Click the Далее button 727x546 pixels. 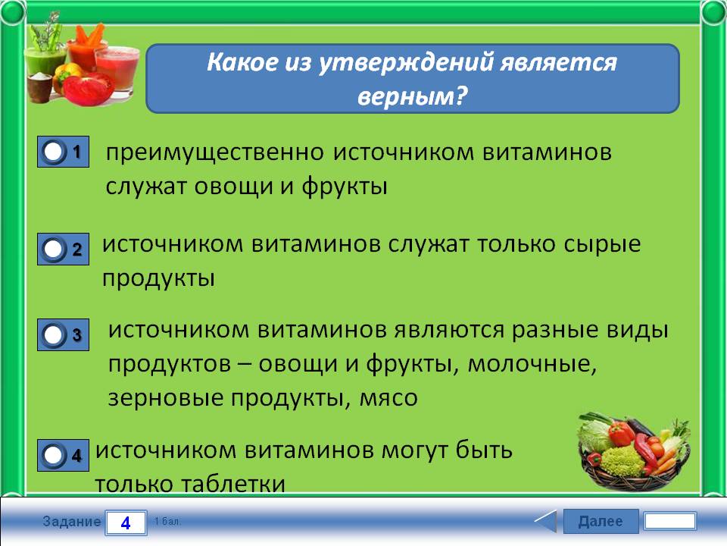(x=601, y=521)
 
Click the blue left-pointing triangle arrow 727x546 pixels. (x=546, y=521)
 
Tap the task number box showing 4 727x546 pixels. (x=126, y=522)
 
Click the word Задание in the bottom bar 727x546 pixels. (x=71, y=522)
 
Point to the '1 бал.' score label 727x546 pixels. (x=167, y=522)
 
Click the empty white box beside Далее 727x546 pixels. (x=670, y=521)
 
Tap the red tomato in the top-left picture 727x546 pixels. (x=86, y=88)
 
